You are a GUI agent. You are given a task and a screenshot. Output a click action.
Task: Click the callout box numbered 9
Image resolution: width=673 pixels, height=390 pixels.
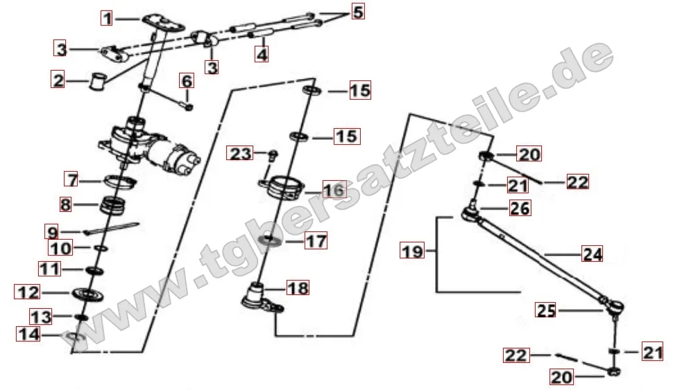click(x=53, y=230)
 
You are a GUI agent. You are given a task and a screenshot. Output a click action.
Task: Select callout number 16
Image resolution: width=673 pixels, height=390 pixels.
click(x=333, y=190)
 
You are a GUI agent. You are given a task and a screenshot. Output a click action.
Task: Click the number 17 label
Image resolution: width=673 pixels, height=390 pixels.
click(x=316, y=241)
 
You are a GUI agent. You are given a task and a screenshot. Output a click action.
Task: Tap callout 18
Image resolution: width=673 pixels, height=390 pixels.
click(x=298, y=288)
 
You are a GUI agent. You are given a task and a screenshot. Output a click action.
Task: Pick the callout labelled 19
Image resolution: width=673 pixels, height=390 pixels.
click(x=413, y=251)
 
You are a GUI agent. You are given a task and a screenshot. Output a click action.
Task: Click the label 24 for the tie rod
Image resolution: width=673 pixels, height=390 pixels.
click(x=592, y=254)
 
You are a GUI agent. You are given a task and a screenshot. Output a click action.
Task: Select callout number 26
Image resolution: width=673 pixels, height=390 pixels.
click(x=520, y=208)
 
